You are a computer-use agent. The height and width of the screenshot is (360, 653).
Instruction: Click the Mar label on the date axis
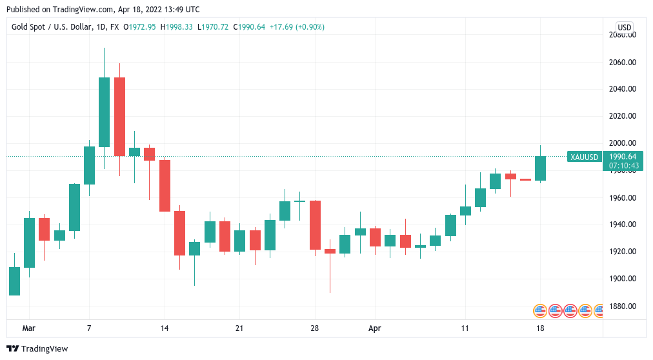click(x=28, y=328)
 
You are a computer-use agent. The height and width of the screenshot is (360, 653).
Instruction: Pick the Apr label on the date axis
click(x=375, y=328)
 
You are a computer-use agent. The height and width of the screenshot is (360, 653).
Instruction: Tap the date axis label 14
click(x=164, y=328)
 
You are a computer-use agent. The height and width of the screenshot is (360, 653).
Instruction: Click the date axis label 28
click(x=314, y=328)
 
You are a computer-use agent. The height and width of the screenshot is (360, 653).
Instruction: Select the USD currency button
click(x=624, y=27)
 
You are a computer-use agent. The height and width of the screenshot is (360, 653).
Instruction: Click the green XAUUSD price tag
click(x=584, y=157)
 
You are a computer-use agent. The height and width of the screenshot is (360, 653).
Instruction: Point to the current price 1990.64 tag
click(x=623, y=157)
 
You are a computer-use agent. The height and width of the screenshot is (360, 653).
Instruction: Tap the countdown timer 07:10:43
click(x=623, y=166)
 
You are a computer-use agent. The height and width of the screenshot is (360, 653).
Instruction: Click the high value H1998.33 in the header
click(x=177, y=27)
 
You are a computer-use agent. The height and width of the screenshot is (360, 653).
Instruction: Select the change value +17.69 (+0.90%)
click(x=297, y=27)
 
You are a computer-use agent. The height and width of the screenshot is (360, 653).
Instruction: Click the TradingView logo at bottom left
click(x=37, y=349)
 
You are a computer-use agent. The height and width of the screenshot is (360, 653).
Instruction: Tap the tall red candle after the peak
click(x=119, y=116)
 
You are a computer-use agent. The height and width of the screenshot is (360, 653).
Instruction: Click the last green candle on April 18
click(x=540, y=168)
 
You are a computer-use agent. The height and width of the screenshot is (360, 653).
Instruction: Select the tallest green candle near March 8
click(x=104, y=112)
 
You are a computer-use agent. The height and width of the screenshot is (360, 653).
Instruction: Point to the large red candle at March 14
click(x=165, y=185)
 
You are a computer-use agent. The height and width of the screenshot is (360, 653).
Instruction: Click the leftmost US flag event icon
click(x=540, y=310)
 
